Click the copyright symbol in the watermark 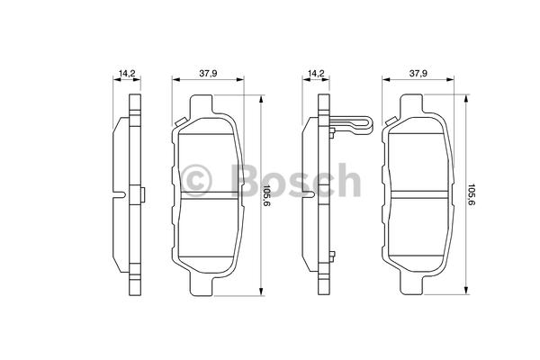pos(195,181)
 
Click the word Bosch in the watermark pos(295,180)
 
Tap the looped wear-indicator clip pos(352,125)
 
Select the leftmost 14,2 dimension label pos(127,74)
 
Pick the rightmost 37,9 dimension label pos(418,74)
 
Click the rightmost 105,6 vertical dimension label pos(471,194)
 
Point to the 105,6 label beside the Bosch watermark pos(266,194)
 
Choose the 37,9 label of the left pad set pos(208,74)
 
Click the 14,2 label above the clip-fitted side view pos(316,74)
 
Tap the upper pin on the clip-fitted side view pos(332,132)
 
